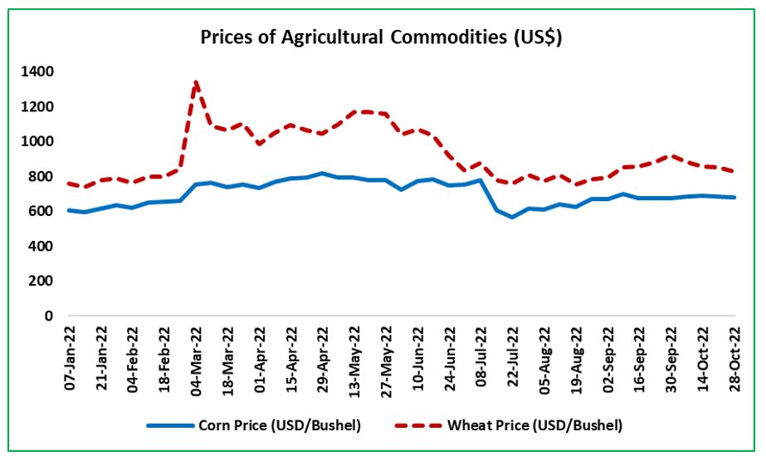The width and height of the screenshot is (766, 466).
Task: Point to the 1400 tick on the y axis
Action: [x=39, y=72]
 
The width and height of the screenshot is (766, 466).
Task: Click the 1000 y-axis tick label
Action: [x=39, y=142]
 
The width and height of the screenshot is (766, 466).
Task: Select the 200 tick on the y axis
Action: [x=42, y=282]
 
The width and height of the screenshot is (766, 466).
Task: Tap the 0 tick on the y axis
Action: [x=49, y=316]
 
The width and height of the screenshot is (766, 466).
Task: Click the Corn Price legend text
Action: [x=280, y=425]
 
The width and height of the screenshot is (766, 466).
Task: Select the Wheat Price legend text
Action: [x=535, y=425]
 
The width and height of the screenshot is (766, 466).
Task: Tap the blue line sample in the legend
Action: [x=170, y=425]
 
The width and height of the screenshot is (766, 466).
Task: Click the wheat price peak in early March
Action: [x=196, y=82]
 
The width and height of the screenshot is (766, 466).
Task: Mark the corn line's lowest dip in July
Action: [x=513, y=217]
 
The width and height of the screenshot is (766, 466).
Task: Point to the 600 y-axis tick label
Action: [x=42, y=212]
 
